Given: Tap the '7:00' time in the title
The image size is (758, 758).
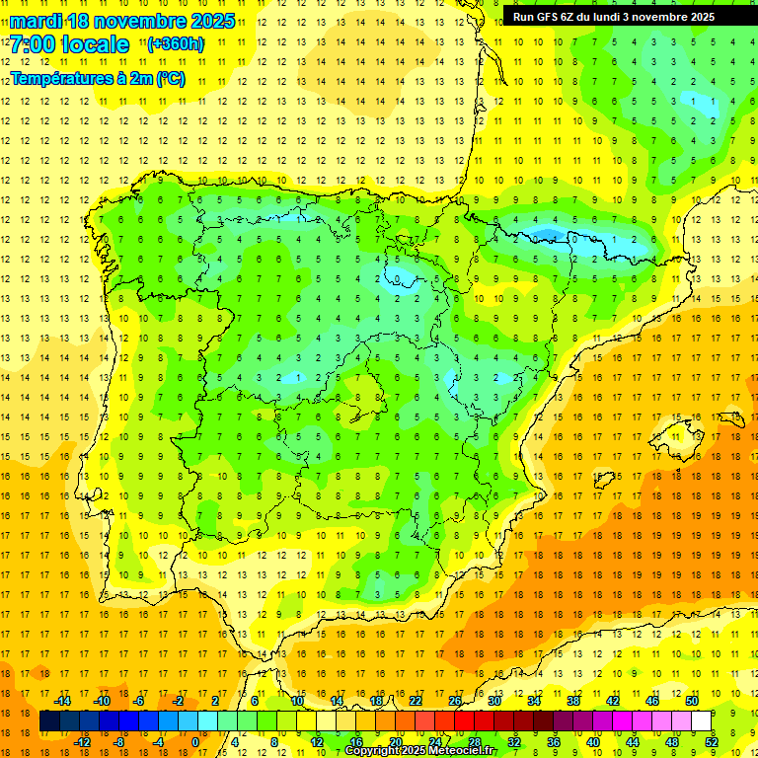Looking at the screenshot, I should click(x=36, y=44).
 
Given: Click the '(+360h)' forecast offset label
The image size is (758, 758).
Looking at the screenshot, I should click(x=175, y=44).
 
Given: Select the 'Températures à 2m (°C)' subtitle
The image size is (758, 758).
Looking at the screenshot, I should click(x=97, y=78).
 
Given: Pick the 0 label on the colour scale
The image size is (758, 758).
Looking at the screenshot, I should click(x=194, y=741).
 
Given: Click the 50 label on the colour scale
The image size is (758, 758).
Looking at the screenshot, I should click(x=692, y=701).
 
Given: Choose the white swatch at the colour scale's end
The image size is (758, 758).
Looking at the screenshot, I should click(x=702, y=721).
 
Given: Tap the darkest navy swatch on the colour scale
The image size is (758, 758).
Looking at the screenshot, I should click(x=50, y=721).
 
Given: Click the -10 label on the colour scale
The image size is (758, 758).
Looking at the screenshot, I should click(x=101, y=701).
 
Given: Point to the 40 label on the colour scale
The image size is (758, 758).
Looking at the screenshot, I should click(x=593, y=741).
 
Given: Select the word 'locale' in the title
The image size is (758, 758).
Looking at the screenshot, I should click(x=95, y=44).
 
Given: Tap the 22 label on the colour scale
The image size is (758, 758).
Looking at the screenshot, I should click(x=416, y=701).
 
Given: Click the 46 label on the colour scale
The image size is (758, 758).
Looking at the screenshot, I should click(x=652, y=701).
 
